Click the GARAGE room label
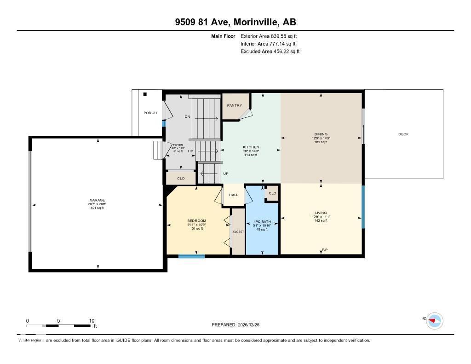point(98,200)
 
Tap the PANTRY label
point(234,105)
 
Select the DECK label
point(403,134)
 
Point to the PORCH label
point(150,113)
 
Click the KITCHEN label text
point(251,147)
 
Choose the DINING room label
point(321,134)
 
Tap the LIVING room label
point(321,213)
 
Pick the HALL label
point(234,195)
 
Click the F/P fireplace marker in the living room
point(324,249)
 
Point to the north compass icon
point(434,320)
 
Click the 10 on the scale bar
point(91,321)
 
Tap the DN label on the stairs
point(187,116)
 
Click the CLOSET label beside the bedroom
point(238,231)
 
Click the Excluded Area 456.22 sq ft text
point(270,52)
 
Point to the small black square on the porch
point(145,94)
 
